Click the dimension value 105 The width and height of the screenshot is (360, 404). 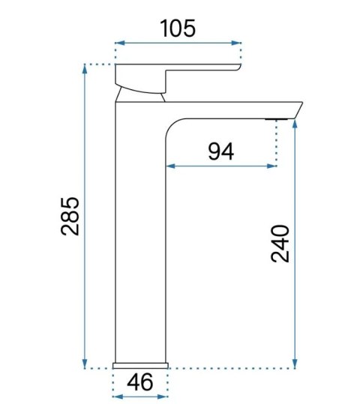click(178, 28)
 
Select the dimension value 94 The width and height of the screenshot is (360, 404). click(220, 152)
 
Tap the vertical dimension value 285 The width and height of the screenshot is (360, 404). click(69, 216)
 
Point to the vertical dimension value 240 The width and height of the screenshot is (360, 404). click(279, 242)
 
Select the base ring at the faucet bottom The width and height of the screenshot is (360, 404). click(139, 365)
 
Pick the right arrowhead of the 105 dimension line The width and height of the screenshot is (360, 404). click(238, 44)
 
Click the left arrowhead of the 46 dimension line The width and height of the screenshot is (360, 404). click(115, 397)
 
